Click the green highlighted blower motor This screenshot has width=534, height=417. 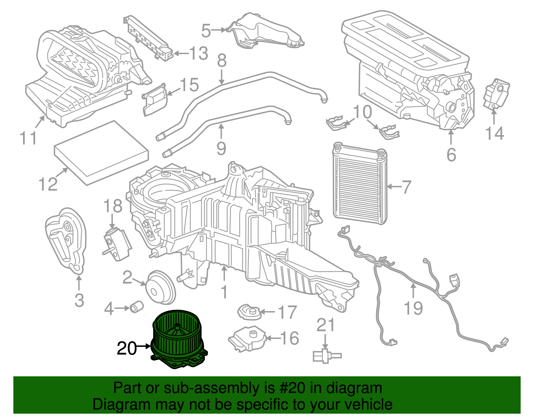179,341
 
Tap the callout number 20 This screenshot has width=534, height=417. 126,349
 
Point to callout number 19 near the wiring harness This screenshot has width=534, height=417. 413,308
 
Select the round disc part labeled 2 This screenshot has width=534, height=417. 161,287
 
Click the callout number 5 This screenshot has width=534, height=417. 206,31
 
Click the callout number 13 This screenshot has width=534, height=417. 199,53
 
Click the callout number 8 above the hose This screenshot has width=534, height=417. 222,60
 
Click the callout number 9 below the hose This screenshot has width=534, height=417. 221,148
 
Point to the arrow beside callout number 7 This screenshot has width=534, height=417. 394,186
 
